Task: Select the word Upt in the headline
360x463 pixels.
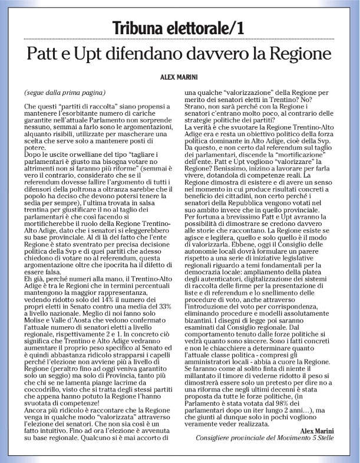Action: point(93,55)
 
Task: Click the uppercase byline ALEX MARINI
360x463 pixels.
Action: point(180,77)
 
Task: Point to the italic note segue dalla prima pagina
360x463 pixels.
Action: point(65,93)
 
